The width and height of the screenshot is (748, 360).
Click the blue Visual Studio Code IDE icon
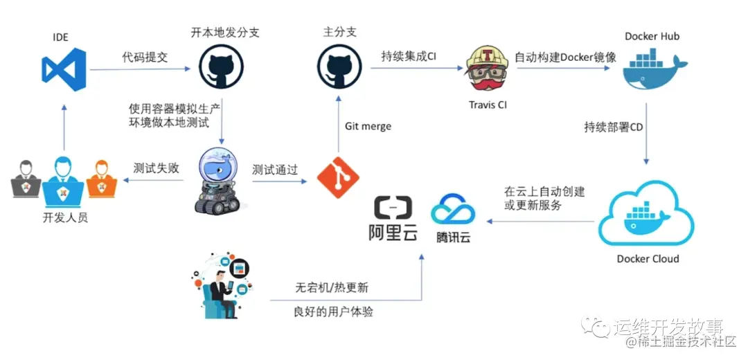click(x=63, y=71)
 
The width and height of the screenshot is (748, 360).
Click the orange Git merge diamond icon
click(x=338, y=177)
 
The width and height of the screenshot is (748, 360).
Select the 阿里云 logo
click(x=393, y=219)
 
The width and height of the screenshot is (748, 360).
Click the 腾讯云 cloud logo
click(x=453, y=218)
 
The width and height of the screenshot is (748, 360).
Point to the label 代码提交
click(x=145, y=57)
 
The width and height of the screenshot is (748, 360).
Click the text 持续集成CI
click(x=409, y=57)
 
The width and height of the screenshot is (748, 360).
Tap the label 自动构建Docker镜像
click(x=565, y=57)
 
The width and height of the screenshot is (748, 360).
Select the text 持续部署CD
click(x=613, y=127)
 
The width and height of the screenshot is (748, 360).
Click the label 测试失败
click(x=156, y=168)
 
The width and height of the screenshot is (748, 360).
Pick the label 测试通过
click(x=276, y=169)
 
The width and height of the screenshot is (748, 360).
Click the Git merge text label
click(x=368, y=126)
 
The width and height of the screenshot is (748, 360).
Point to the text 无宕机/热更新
click(x=332, y=287)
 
